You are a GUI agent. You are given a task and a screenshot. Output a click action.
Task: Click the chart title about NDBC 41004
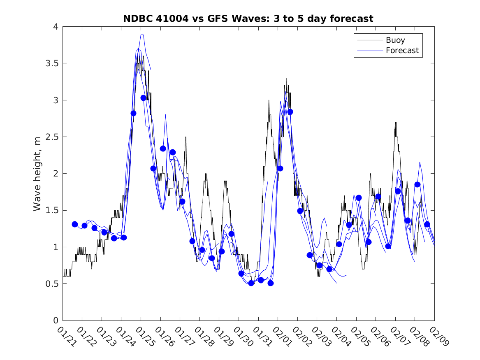coord(248,19)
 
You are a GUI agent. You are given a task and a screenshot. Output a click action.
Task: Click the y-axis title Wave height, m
coord(37,173)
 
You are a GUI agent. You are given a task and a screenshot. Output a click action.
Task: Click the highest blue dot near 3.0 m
coord(143,98)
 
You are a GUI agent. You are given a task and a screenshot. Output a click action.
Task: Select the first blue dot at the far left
coord(74,224)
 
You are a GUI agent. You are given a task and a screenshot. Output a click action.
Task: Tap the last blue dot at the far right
coord(427,224)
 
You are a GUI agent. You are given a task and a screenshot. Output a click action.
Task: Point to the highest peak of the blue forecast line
coord(142,35)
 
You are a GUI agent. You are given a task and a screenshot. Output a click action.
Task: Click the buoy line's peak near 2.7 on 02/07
coord(395,122)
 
